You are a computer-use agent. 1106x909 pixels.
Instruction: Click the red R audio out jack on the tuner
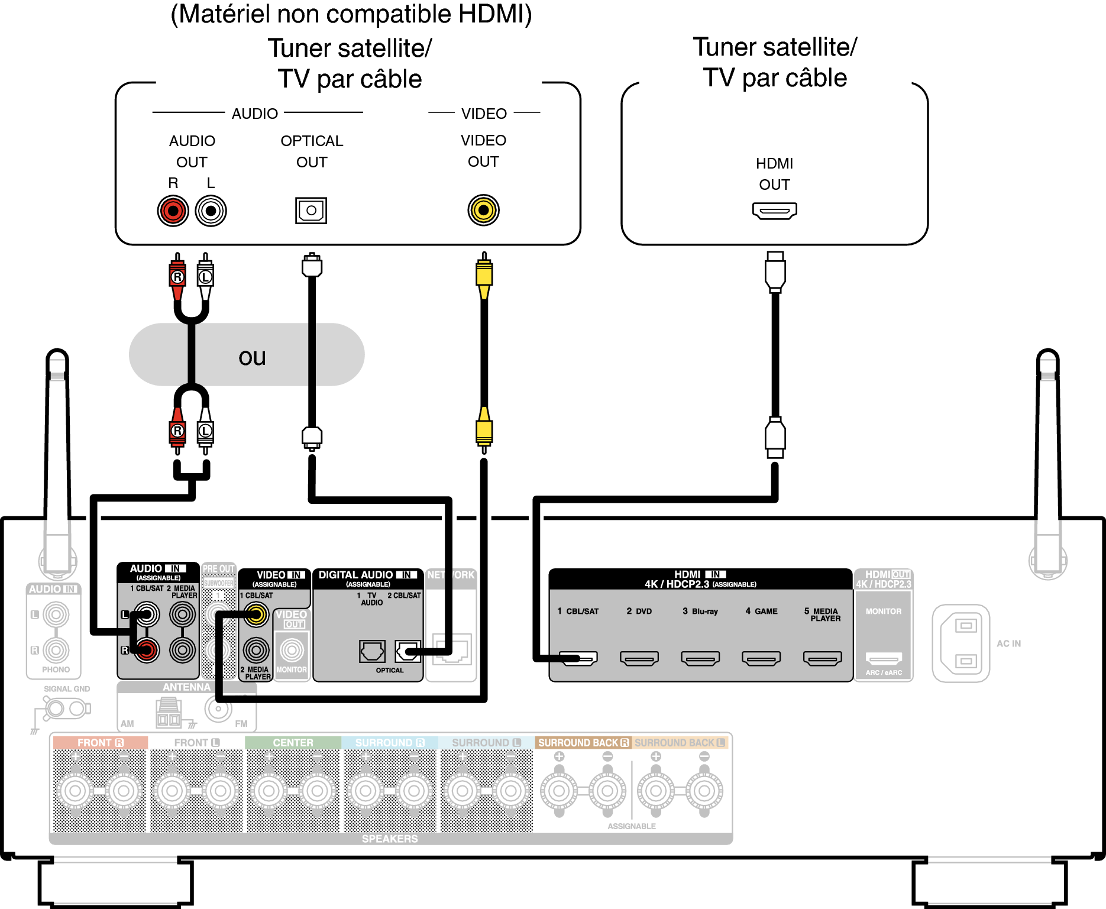(x=173, y=211)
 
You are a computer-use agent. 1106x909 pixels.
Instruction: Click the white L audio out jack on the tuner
(x=211, y=211)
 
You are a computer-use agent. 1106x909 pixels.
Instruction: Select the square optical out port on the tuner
(x=311, y=211)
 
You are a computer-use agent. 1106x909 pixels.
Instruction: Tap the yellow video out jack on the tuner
(x=483, y=210)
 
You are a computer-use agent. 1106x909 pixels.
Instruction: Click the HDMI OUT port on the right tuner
(x=774, y=210)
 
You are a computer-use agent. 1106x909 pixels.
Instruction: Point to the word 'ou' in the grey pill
(x=252, y=357)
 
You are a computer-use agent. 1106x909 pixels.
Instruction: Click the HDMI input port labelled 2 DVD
(x=639, y=658)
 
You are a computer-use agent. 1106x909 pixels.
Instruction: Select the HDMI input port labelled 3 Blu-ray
(x=700, y=658)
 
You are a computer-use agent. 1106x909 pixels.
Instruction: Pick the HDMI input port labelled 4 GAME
(x=761, y=658)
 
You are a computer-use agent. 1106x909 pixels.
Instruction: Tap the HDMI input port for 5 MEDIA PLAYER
(x=822, y=658)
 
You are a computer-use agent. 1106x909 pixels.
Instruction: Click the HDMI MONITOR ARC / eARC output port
(x=884, y=658)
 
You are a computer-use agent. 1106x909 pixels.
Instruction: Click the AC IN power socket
(x=961, y=643)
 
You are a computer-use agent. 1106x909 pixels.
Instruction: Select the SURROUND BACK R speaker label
(x=583, y=743)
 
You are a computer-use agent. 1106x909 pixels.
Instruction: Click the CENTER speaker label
(x=293, y=743)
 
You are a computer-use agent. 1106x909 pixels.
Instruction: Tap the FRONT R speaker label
(x=100, y=743)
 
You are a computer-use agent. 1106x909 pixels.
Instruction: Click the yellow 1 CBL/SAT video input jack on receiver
(x=256, y=615)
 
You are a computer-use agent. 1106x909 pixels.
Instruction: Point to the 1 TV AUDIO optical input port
(x=372, y=651)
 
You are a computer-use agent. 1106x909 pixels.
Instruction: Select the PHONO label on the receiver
(x=56, y=669)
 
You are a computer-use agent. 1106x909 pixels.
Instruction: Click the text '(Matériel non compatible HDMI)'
(x=351, y=14)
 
